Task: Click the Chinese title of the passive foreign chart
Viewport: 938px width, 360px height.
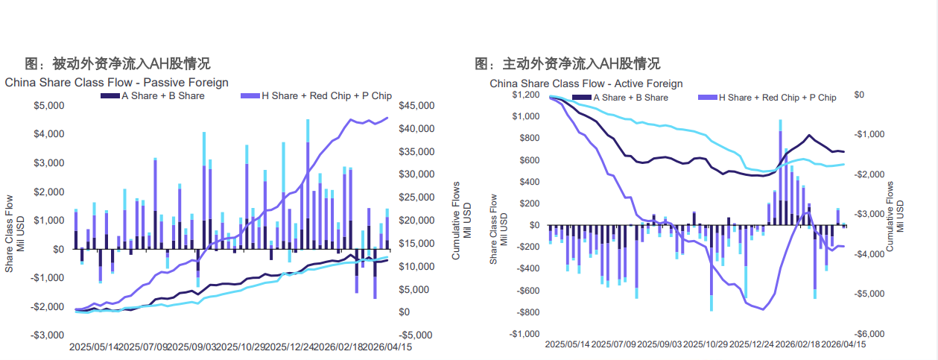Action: pyautogui.click(x=117, y=63)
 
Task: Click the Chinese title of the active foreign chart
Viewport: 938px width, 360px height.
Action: pyautogui.click(x=567, y=63)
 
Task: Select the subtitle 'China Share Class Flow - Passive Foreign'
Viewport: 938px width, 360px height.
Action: pyautogui.click(x=117, y=82)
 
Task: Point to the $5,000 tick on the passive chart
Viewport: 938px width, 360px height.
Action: pyautogui.click(x=49, y=106)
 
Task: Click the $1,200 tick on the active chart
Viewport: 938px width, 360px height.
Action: pyautogui.click(x=525, y=95)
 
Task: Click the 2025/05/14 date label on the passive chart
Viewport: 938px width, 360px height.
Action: pyautogui.click(x=95, y=347)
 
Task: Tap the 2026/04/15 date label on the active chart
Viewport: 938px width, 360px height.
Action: pyautogui.click(x=843, y=344)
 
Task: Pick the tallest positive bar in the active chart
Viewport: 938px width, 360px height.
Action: pyautogui.click(x=781, y=171)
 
